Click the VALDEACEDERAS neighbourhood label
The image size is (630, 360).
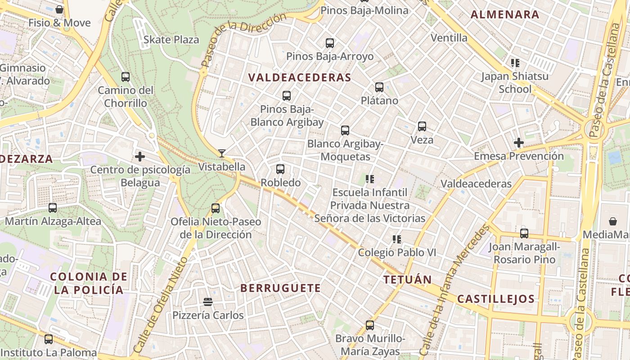[299, 77]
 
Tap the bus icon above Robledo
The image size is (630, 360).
[280, 169]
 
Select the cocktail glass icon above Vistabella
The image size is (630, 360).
[221, 153]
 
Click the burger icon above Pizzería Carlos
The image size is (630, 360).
[208, 301]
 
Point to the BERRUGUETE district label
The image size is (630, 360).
[280, 288]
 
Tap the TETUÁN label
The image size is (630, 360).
[407, 279]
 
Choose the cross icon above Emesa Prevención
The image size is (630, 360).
[518, 143]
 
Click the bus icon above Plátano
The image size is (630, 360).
[379, 87]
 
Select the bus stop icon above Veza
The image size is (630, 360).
[422, 126]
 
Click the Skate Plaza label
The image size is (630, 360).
[171, 40]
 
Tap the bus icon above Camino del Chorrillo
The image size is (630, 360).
[126, 77]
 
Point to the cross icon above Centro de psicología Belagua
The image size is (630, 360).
[140, 157]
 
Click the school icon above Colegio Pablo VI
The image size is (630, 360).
[396, 239]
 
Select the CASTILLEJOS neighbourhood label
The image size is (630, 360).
[496, 299]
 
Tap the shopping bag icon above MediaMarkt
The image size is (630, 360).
[613, 221]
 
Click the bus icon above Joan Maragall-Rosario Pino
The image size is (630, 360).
[524, 234]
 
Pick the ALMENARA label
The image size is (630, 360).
[505, 14]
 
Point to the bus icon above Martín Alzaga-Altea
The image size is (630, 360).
[53, 208]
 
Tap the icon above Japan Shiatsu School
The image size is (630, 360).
[515, 63]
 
